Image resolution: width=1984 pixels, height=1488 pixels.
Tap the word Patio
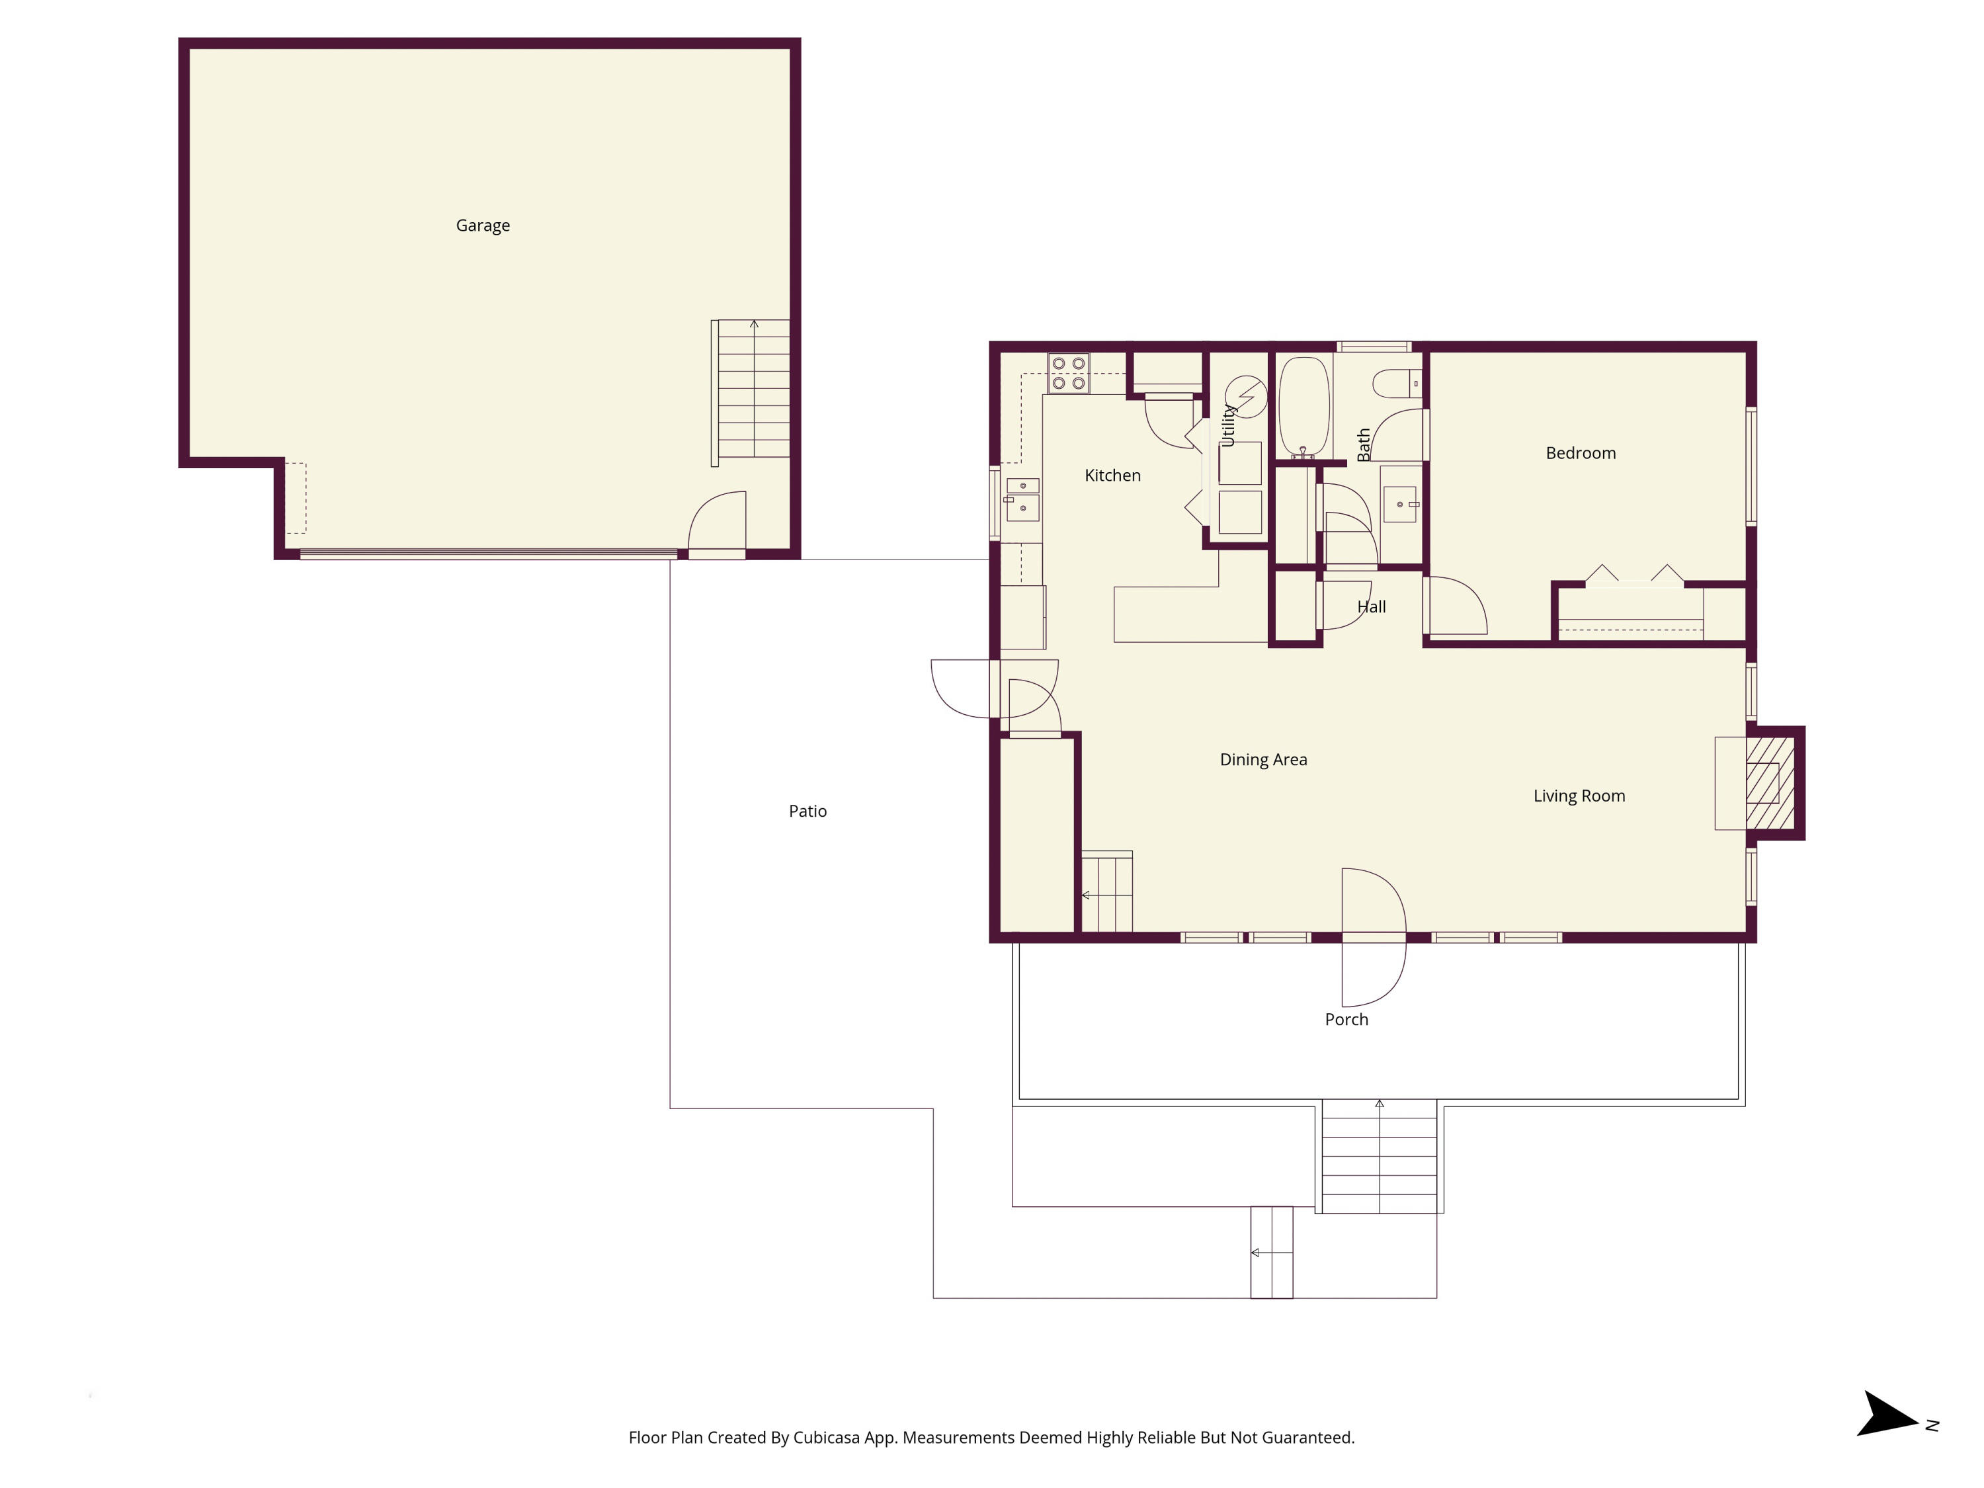(807, 811)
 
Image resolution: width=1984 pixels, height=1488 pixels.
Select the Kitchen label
(1112, 475)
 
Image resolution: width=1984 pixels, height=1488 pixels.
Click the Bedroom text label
(1581, 454)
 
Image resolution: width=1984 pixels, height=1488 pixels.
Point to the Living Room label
(1579, 796)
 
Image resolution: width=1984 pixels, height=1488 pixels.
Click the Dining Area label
(1263, 761)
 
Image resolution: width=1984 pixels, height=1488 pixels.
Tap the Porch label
(1346, 1020)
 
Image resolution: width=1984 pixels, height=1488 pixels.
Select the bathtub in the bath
(1303, 408)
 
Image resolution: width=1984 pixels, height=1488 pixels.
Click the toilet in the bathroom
(1395, 384)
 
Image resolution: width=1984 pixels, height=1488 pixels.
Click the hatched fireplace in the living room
(1770, 783)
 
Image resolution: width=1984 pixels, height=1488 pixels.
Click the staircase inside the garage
(753, 390)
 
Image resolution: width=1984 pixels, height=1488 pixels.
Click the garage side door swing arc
(718, 520)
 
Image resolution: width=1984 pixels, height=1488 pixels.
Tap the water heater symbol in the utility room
(1247, 395)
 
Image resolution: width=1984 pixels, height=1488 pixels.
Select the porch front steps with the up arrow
(1379, 1157)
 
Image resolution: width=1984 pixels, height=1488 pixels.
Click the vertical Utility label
(1229, 425)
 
